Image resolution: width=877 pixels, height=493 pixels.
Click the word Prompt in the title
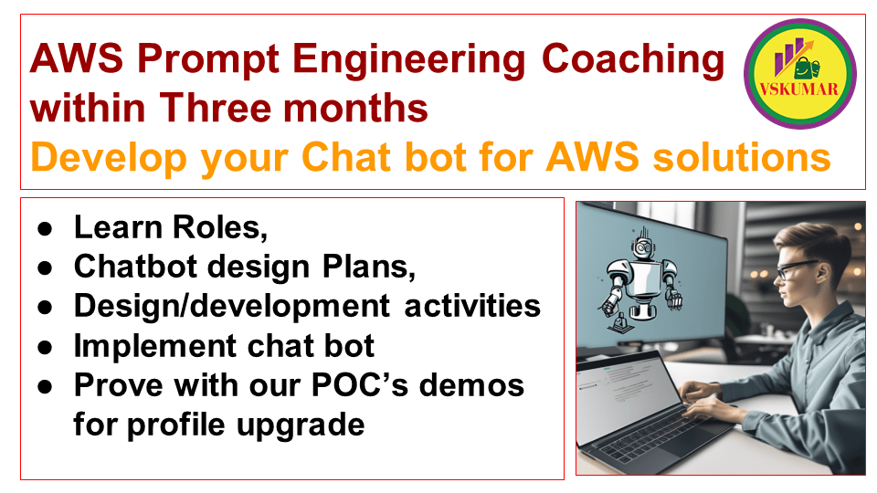coord(191,61)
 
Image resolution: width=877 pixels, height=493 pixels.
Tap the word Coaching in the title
coord(633,61)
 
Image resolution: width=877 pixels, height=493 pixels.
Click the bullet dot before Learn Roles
coord(44,228)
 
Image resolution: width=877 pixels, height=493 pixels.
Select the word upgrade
coord(312,425)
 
